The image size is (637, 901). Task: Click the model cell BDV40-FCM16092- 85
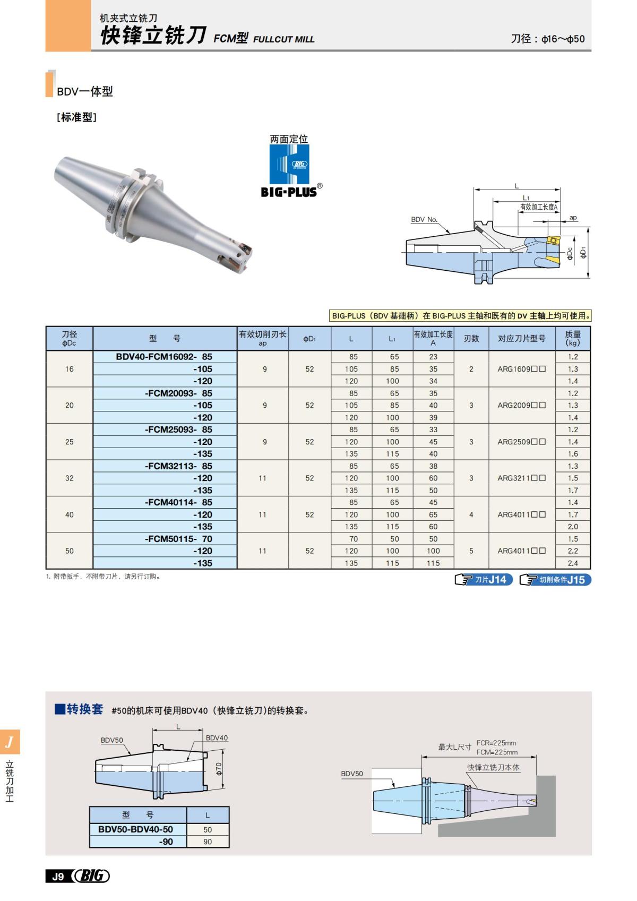164,357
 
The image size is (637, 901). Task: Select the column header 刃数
471,339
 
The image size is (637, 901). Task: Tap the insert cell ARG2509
521,442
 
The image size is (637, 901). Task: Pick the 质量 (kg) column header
573,339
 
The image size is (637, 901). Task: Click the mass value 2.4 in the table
573,563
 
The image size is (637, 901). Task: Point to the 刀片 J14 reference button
484,580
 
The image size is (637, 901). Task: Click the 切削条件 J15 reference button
555,580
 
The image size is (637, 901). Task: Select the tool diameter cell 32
70,478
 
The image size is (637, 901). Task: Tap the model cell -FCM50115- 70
178,539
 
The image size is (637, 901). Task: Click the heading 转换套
84,709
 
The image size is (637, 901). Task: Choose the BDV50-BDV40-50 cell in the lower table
136,829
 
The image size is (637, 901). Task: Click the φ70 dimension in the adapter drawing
219,768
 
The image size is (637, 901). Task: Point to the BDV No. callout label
424,219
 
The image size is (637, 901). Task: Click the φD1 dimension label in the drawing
583,252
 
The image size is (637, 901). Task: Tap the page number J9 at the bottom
58,877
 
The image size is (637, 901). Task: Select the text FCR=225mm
496,743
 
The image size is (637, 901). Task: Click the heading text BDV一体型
85,91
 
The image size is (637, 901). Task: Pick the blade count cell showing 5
471,551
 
